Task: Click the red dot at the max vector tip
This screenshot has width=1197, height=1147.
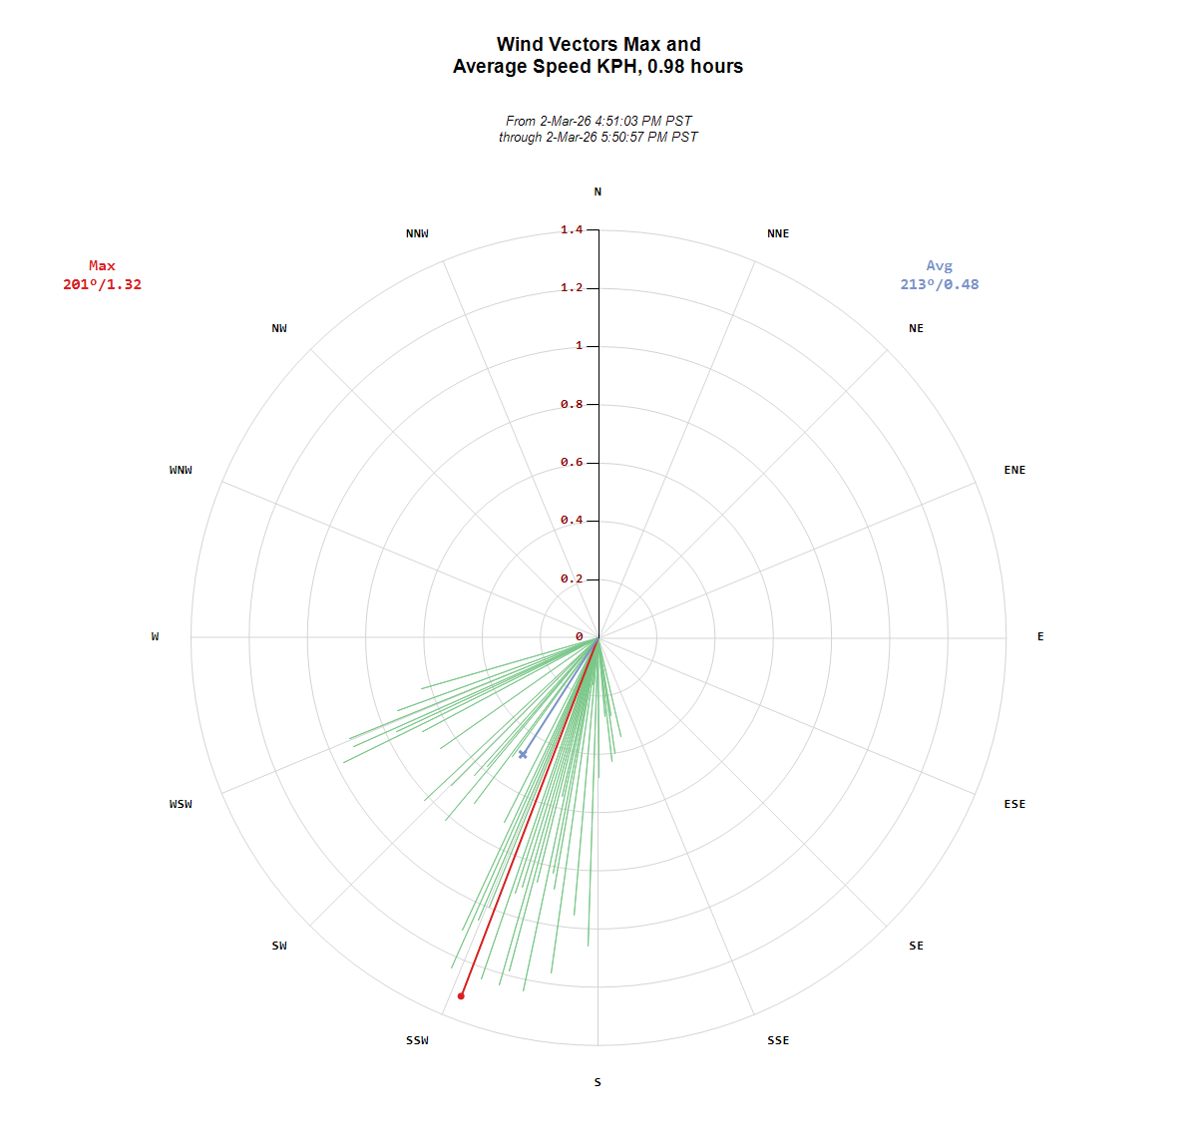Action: coord(461,995)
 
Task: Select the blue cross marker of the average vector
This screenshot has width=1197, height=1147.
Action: coord(523,754)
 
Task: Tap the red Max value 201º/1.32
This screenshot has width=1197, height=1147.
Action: coord(102,284)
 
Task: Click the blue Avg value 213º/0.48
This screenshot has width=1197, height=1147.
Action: coord(939,284)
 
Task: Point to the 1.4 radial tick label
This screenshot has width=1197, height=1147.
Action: coord(572,229)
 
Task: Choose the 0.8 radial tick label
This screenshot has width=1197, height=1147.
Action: coord(572,404)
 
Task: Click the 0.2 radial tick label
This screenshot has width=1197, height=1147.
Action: coord(572,578)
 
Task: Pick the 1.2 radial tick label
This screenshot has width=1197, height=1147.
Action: coord(572,287)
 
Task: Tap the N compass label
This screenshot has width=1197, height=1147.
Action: coord(598,191)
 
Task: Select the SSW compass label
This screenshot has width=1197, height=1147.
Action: coord(417,1040)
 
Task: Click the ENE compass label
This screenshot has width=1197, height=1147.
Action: coord(1014,470)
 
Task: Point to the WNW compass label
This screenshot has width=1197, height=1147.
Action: coord(181,470)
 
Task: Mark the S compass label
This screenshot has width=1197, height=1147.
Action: coord(598,1082)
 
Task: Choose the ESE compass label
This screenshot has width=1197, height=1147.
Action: coord(1014,804)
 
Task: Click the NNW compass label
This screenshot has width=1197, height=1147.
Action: coord(417,233)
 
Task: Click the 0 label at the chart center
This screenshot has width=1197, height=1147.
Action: coord(579,636)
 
